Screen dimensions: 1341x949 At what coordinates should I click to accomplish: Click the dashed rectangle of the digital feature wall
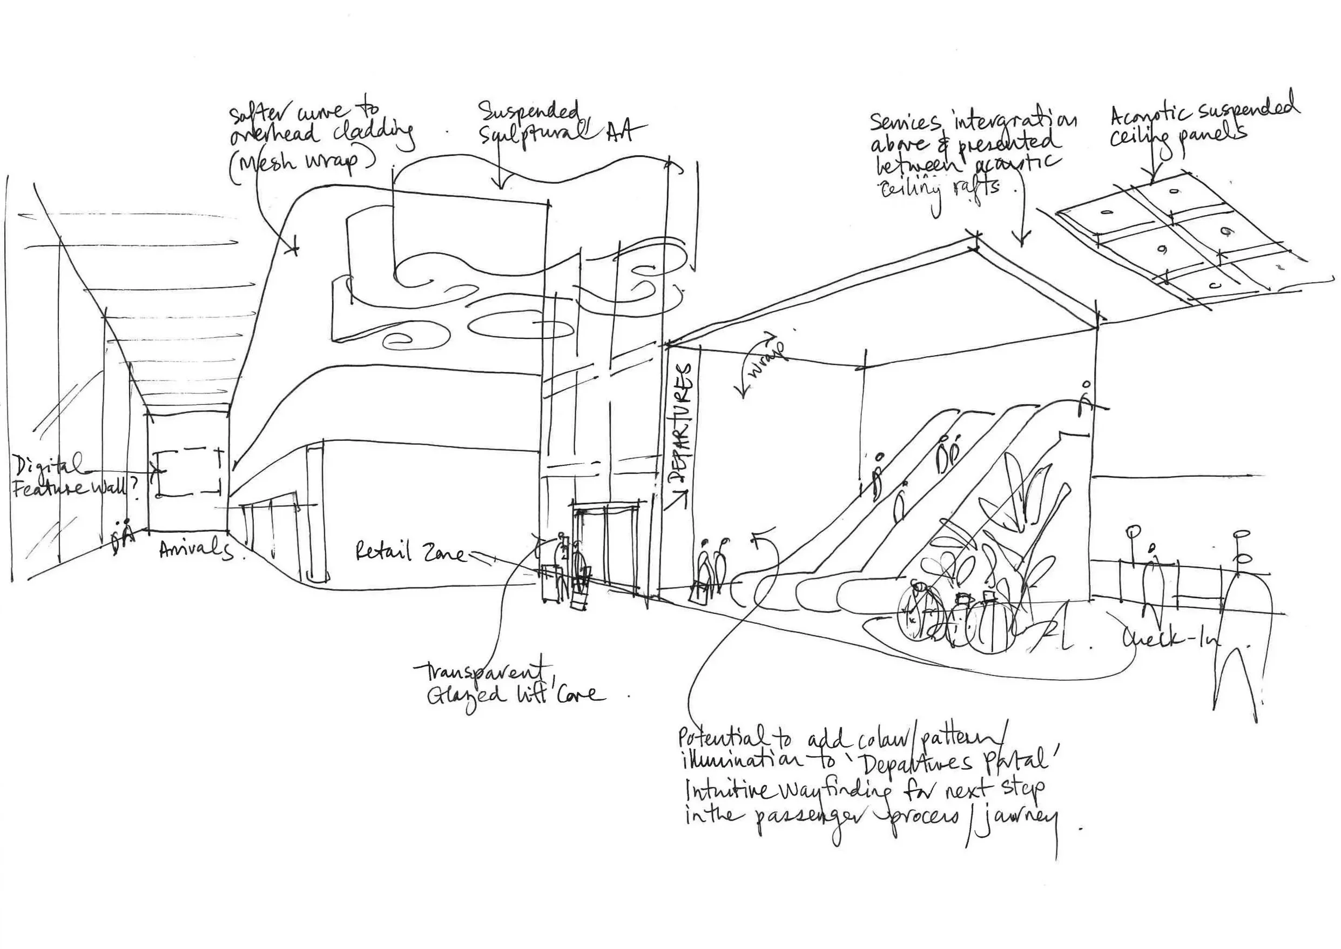[188, 472]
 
